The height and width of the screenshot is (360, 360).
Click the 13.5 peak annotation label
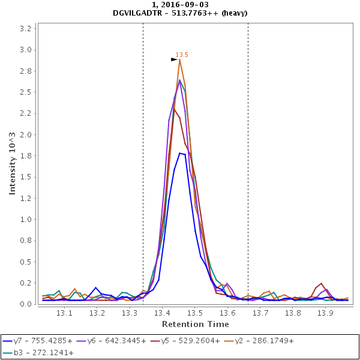(182, 55)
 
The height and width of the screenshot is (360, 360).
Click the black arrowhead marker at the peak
(174, 59)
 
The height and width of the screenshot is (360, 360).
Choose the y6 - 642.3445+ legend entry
(116, 340)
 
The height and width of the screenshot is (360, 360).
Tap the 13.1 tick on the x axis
(65, 313)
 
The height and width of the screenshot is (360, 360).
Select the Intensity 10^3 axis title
(11, 164)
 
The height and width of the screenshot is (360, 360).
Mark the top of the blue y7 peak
(180, 153)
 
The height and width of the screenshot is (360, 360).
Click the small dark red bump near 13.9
(322, 283)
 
